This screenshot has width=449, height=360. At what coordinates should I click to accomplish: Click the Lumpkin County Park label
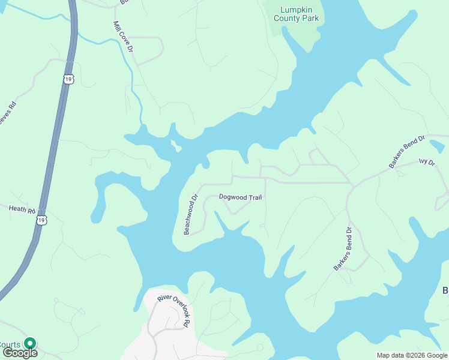pyautogui.click(x=296, y=14)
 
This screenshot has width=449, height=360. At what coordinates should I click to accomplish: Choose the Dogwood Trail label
pyautogui.click(x=240, y=197)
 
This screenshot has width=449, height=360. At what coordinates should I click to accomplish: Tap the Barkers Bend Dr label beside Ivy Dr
pyautogui.click(x=406, y=152)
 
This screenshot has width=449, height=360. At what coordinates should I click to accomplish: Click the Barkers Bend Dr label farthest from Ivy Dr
pyautogui.click(x=342, y=248)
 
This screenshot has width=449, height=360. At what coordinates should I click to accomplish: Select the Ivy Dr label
pyautogui.click(x=426, y=161)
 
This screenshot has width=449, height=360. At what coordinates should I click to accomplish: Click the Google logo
pyautogui.click(x=19, y=353)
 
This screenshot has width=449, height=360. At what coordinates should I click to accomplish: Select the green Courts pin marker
pyautogui.click(x=29, y=343)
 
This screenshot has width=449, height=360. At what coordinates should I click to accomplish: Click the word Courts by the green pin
pyautogui.click(x=10, y=344)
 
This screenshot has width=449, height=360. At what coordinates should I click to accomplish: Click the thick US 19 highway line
pyautogui.click(x=54, y=144)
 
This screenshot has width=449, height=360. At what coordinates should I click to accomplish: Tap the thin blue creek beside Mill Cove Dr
pyautogui.click(x=133, y=78)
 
